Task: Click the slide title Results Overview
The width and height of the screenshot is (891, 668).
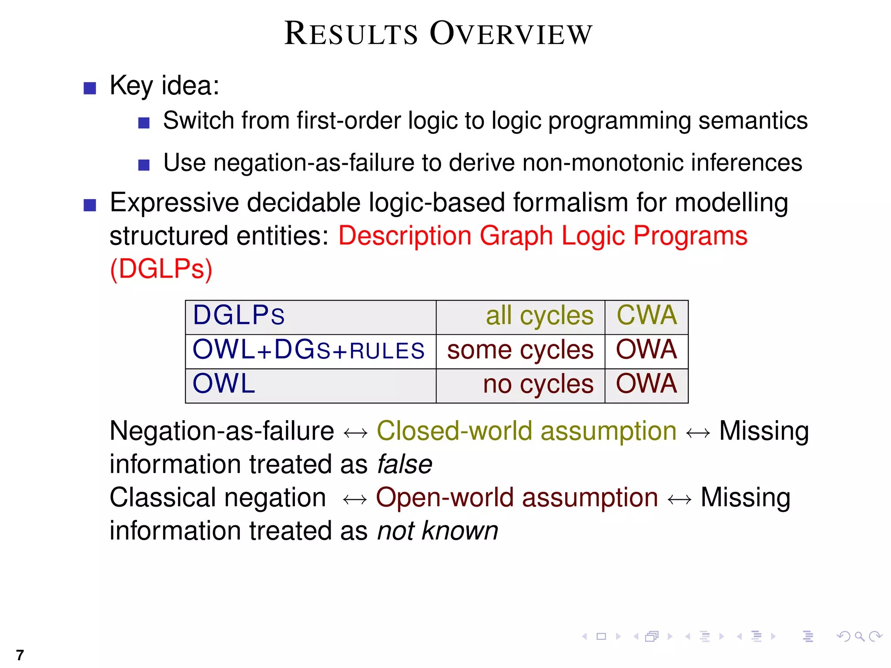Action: coord(438,34)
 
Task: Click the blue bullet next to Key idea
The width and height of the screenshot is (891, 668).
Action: coord(90,88)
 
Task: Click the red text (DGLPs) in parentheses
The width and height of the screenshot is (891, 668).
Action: coord(161,269)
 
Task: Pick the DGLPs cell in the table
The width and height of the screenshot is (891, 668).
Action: coord(239,315)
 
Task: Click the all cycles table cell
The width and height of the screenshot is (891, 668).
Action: coord(539,316)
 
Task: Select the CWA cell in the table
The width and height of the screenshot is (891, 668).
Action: coord(646,315)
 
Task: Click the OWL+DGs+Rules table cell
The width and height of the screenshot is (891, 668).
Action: coord(308,350)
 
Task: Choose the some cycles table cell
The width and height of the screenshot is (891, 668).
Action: coord(520,350)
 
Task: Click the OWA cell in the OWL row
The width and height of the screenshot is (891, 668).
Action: coord(646,384)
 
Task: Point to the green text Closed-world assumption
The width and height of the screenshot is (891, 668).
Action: coord(526,431)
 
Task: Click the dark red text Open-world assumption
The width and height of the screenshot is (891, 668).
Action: coord(516,498)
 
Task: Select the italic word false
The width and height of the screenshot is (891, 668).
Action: coord(405,464)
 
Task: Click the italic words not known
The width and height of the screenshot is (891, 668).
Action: coord(437,531)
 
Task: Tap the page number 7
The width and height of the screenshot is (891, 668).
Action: coord(20,655)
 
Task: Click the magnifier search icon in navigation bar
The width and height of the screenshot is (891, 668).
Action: coord(859,637)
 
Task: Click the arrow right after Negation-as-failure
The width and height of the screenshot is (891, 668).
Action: coord(355,433)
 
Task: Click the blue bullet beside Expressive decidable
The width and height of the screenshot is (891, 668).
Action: coord(90,205)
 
